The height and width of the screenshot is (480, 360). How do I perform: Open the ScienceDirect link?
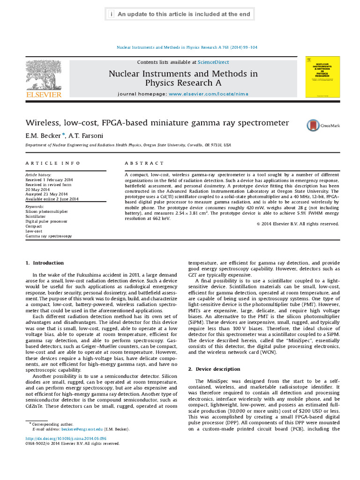[x=213, y=62]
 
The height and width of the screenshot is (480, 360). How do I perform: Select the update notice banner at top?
[x=180, y=15]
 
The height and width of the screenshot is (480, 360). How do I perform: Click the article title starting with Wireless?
[x=157, y=123]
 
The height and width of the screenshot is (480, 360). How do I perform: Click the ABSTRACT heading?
[x=144, y=164]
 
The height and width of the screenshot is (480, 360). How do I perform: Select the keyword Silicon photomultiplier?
[x=46, y=212]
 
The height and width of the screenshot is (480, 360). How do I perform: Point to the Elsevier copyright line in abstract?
[x=298, y=224]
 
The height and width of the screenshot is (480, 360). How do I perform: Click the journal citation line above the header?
[x=186, y=47]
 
